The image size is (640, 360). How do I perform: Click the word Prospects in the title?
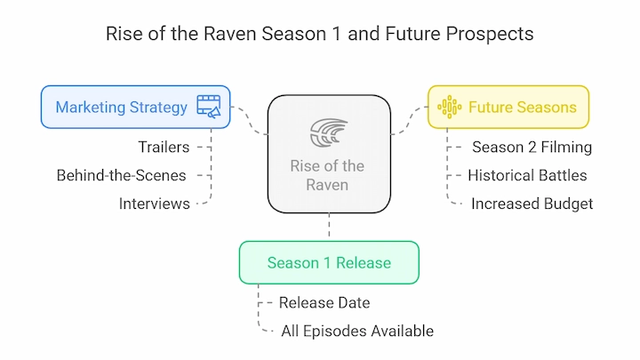pyautogui.click(x=490, y=34)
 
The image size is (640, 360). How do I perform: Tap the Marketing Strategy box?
pyautogui.click(x=135, y=107)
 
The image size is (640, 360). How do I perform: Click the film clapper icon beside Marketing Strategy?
pyautogui.click(x=209, y=107)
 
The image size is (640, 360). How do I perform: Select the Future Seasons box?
pyautogui.click(x=508, y=107)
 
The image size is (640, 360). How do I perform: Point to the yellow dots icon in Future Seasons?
pyautogui.click(x=450, y=107)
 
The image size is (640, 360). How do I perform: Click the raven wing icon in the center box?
pyautogui.click(x=329, y=132)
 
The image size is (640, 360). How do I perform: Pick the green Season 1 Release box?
pyautogui.click(x=329, y=262)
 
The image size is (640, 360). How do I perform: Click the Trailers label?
pyautogui.click(x=164, y=147)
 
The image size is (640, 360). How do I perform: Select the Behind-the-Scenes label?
pyautogui.click(x=121, y=175)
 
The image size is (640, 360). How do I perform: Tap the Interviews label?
pyautogui.click(x=155, y=204)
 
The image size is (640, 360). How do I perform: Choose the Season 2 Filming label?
pyautogui.click(x=532, y=147)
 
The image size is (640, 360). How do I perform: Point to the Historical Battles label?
pyautogui.click(x=527, y=175)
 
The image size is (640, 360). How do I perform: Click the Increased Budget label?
pyautogui.click(x=532, y=204)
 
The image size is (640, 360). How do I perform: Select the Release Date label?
pyautogui.click(x=324, y=303)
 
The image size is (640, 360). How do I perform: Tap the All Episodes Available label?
pyautogui.click(x=357, y=331)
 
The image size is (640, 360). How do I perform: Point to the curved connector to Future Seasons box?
pyautogui.click(x=410, y=119)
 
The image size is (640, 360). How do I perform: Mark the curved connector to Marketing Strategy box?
pyautogui.click(x=249, y=120)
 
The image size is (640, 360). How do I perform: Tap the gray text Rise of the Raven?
pyautogui.click(x=327, y=175)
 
